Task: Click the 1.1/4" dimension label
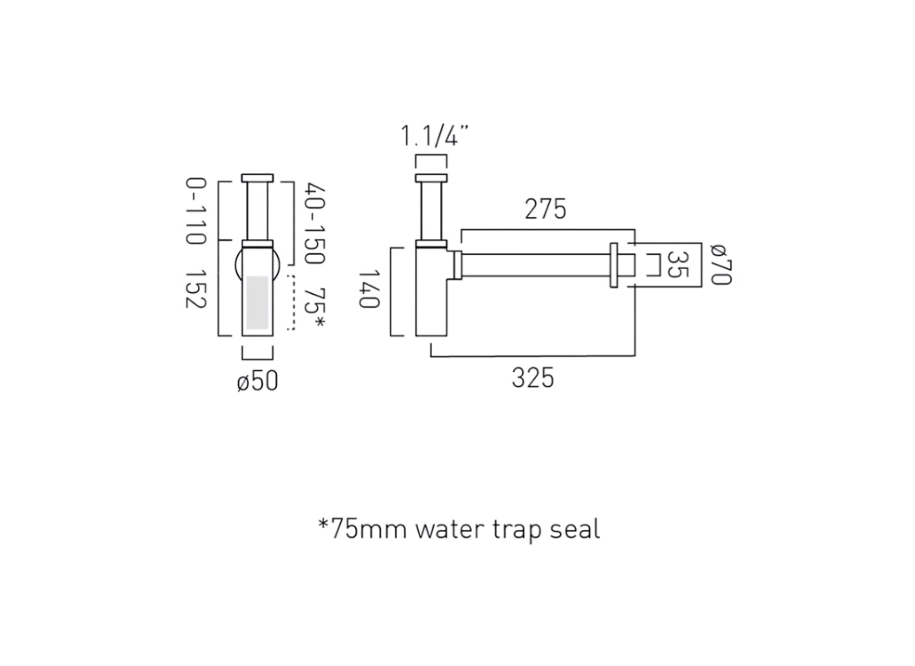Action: pos(435,135)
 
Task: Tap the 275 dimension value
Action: pos(545,209)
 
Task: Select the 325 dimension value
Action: pos(532,378)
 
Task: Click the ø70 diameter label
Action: pos(720,264)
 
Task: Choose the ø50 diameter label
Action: pos(257,381)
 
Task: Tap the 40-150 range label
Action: pos(314,224)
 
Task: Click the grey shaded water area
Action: pos(257,301)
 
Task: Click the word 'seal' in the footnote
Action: pos(575,529)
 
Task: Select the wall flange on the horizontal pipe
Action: pos(615,265)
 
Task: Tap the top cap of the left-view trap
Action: pos(257,177)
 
